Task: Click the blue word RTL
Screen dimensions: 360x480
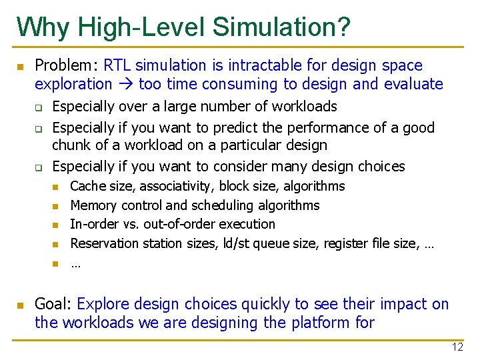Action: tap(117, 65)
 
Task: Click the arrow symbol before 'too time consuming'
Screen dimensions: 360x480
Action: tap(125, 85)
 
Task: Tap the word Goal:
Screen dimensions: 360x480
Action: tap(53, 304)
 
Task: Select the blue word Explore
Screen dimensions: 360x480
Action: tap(103, 304)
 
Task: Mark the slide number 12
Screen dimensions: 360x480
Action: tap(457, 347)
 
